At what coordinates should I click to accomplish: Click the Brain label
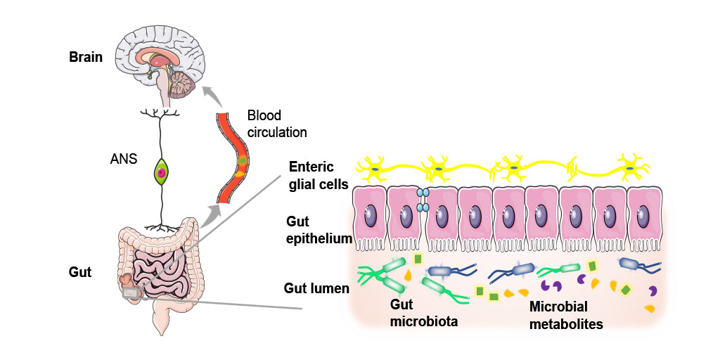[86, 57]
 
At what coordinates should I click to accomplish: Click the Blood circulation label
[277, 123]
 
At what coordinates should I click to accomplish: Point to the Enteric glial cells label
[319, 176]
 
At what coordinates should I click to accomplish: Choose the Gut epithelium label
[319, 229]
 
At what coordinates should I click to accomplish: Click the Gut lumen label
[316, 288]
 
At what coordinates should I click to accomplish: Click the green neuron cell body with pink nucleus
[162, 172]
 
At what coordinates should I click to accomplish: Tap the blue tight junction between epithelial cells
[423, 199]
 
